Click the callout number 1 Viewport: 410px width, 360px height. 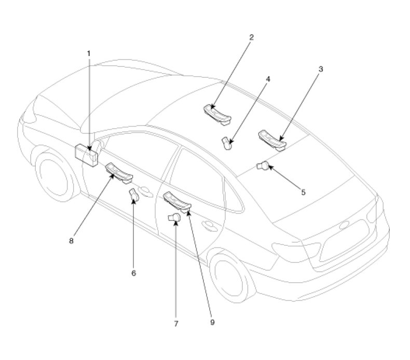coord(89,53)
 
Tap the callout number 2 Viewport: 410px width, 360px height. coord(251,37)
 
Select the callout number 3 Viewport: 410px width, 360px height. coord(321,70)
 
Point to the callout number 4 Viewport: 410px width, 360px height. coord(268,79)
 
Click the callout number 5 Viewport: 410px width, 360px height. coord(303,192)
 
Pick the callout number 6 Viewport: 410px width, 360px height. coord(133,273)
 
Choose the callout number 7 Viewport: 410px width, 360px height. coord(176,324)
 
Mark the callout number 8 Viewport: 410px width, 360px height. coord(71,241)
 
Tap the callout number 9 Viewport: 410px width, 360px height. coord(212,322)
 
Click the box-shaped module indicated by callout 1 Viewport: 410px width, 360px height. coord(86,155)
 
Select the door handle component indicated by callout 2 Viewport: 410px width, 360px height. coord(217,115)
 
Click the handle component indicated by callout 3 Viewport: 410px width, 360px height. coord(272,141)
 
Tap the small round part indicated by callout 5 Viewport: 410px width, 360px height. coord(263,165)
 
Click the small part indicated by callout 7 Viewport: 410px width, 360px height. coord(174,217)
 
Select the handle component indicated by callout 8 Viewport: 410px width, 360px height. coord(119,172)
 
